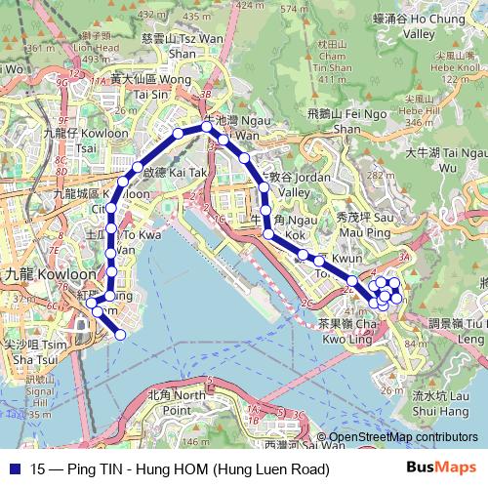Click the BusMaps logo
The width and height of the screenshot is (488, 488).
440,468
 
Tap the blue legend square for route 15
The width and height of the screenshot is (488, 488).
13,469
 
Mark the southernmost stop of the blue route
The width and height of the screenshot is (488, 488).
121,335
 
